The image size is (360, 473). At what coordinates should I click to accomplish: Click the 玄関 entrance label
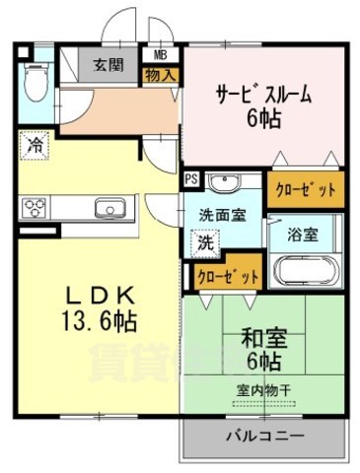(108, 65)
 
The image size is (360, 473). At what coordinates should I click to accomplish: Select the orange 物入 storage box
(160, 74)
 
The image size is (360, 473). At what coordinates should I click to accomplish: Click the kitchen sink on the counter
(107, 207)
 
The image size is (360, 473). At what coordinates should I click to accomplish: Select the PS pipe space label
(190, 180)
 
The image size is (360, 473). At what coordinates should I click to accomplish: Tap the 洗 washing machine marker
(202, 239)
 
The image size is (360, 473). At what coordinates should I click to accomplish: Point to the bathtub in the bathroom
(307, 269)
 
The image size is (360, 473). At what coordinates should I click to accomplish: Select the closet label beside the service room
(306, 189)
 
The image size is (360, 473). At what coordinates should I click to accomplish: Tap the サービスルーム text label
(264, 96)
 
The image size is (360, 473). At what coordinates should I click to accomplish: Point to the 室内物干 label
(262, 389)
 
